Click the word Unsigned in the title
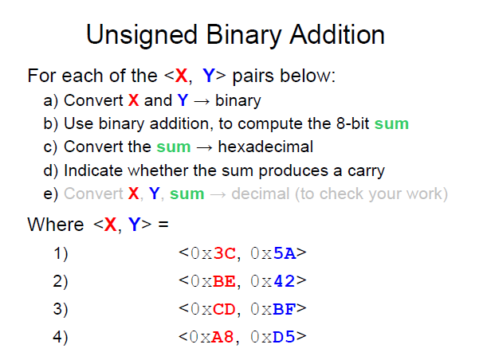coord(142,36)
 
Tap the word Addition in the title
coord(337,34)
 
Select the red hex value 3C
coord(224,253)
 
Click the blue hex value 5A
coord(285,253)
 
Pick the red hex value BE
coord(224,281)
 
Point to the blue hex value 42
coord(284,281)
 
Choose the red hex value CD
coord(224,309)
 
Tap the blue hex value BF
coord(285,309)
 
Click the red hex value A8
coord(222,337)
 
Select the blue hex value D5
coord(284,337)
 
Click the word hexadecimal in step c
coord(265,147)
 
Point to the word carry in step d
coord(367,171)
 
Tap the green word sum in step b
coord(391,124)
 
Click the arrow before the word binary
coord(202,101)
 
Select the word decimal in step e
coord(261,194)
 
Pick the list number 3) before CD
coord(61,309)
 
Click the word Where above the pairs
coord(56,224)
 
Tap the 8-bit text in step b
coord(353,123)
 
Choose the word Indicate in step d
coord(93,170)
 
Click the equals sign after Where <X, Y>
coord(163,224)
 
